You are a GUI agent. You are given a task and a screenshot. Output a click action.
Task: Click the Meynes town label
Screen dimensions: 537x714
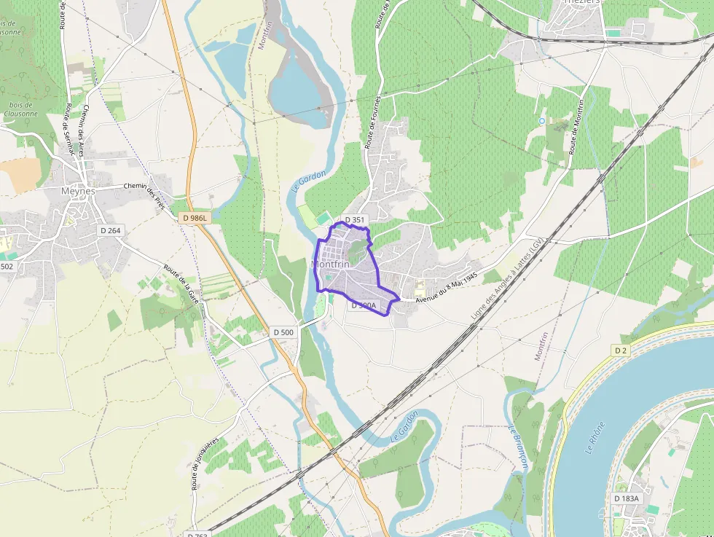pyautogui.click(x=78, y=191)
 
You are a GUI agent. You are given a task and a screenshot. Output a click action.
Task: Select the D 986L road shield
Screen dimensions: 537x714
pyautogui.click(x=195, y=218)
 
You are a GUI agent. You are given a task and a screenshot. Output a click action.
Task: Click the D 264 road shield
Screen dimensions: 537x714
pyautogui.click(x=109, y=231)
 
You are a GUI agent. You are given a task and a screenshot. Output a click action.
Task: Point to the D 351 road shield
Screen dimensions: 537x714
pyautogui.click(x=354, y=219)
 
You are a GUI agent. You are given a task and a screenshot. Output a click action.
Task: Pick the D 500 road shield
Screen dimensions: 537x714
pyautogui.click(x=284, y=332)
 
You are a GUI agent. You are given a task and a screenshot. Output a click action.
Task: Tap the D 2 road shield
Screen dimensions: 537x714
pyautogui.click(x=620, y=350)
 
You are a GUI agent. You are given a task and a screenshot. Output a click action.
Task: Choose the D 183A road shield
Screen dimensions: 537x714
pyautogui.click(x=626, y=498)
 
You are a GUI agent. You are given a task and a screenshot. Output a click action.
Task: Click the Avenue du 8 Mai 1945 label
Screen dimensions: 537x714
pyautogui.click(x=445, y=288)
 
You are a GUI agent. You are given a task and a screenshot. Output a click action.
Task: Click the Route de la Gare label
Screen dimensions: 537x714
pyautogui.click(x=181, y=283)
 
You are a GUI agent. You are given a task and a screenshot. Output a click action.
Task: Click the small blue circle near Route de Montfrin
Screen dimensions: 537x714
pyautogui.click(x=541, y=120)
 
